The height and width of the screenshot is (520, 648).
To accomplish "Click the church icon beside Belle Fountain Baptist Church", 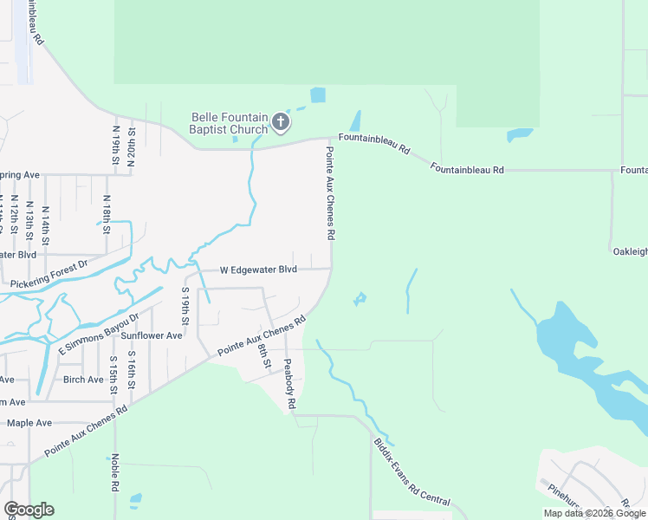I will pyautogui.click(x=281, y=123).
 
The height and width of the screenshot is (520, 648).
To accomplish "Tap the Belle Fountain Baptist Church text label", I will pyautogui.click(x=229, y=124).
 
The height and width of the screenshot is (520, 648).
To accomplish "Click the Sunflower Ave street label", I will pyautogui.click(x=152, y=335).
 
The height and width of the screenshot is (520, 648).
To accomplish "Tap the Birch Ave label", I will pyautogui.click(x=83, y=380).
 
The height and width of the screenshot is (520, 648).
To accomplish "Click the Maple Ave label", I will pyautogui.click(x=29, y=423).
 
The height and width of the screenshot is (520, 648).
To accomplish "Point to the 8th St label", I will pyautogui.click(x=263, y=356).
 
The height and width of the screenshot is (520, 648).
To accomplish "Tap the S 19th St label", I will pyautogui.click(x=185, y=300).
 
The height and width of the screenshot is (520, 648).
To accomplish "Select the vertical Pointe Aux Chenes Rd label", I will pyautogui.click(x=330, y=192).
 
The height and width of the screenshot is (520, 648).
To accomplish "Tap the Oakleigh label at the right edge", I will pyautogui.click(x=630, y=251).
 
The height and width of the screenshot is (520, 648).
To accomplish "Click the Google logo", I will pyautogui.click(x=29, y=510).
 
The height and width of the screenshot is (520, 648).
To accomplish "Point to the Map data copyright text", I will pyautogui.click(x=593, y=513).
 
